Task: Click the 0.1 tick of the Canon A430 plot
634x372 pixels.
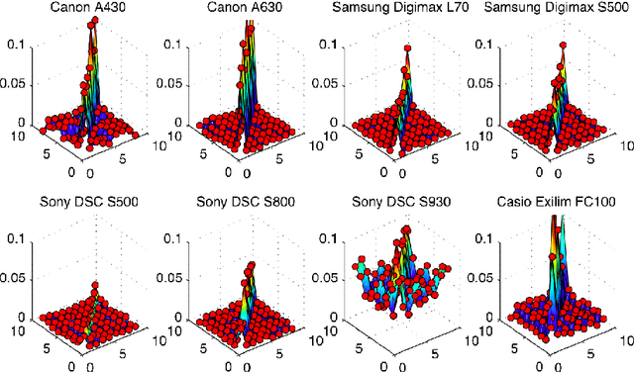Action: pyautogui.click(x=18, y=45)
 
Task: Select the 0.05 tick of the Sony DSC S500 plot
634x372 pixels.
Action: pyautogui.click(x=15, y=279)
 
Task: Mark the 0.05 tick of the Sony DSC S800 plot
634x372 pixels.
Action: pyautogui.click(x=169, y=279)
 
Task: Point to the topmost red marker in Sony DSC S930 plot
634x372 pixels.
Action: pyautogui.click(x=405, y=232)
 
